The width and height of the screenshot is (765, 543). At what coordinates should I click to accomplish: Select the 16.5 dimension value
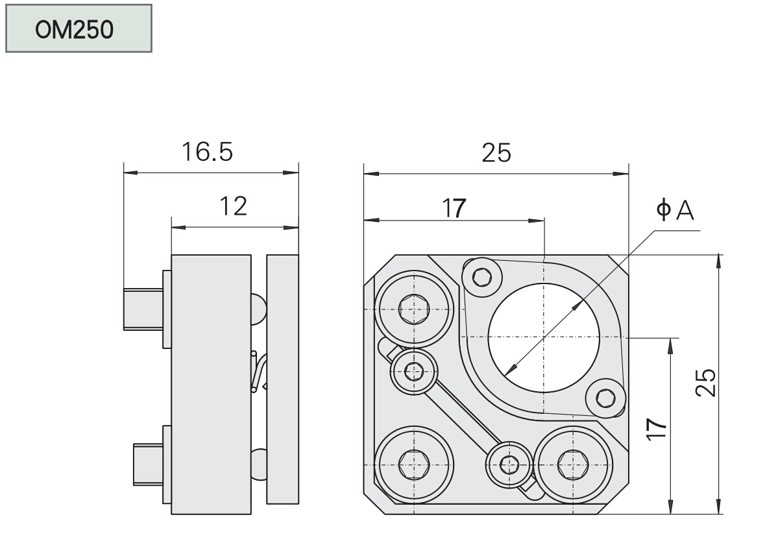pos(206,152)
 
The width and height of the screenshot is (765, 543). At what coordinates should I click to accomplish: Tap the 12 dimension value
pos(233,206)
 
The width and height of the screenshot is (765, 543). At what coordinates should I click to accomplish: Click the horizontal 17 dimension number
pos(454,208)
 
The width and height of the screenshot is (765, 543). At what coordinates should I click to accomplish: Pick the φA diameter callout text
pos(675,211)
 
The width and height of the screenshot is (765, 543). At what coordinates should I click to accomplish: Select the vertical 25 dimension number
pos(708,383)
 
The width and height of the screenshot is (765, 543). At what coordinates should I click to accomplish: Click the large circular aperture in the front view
pos(544,337)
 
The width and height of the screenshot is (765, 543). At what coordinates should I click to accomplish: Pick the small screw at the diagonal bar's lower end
pos(510,464)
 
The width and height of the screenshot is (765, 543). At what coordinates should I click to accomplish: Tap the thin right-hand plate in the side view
pos(283,379)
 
